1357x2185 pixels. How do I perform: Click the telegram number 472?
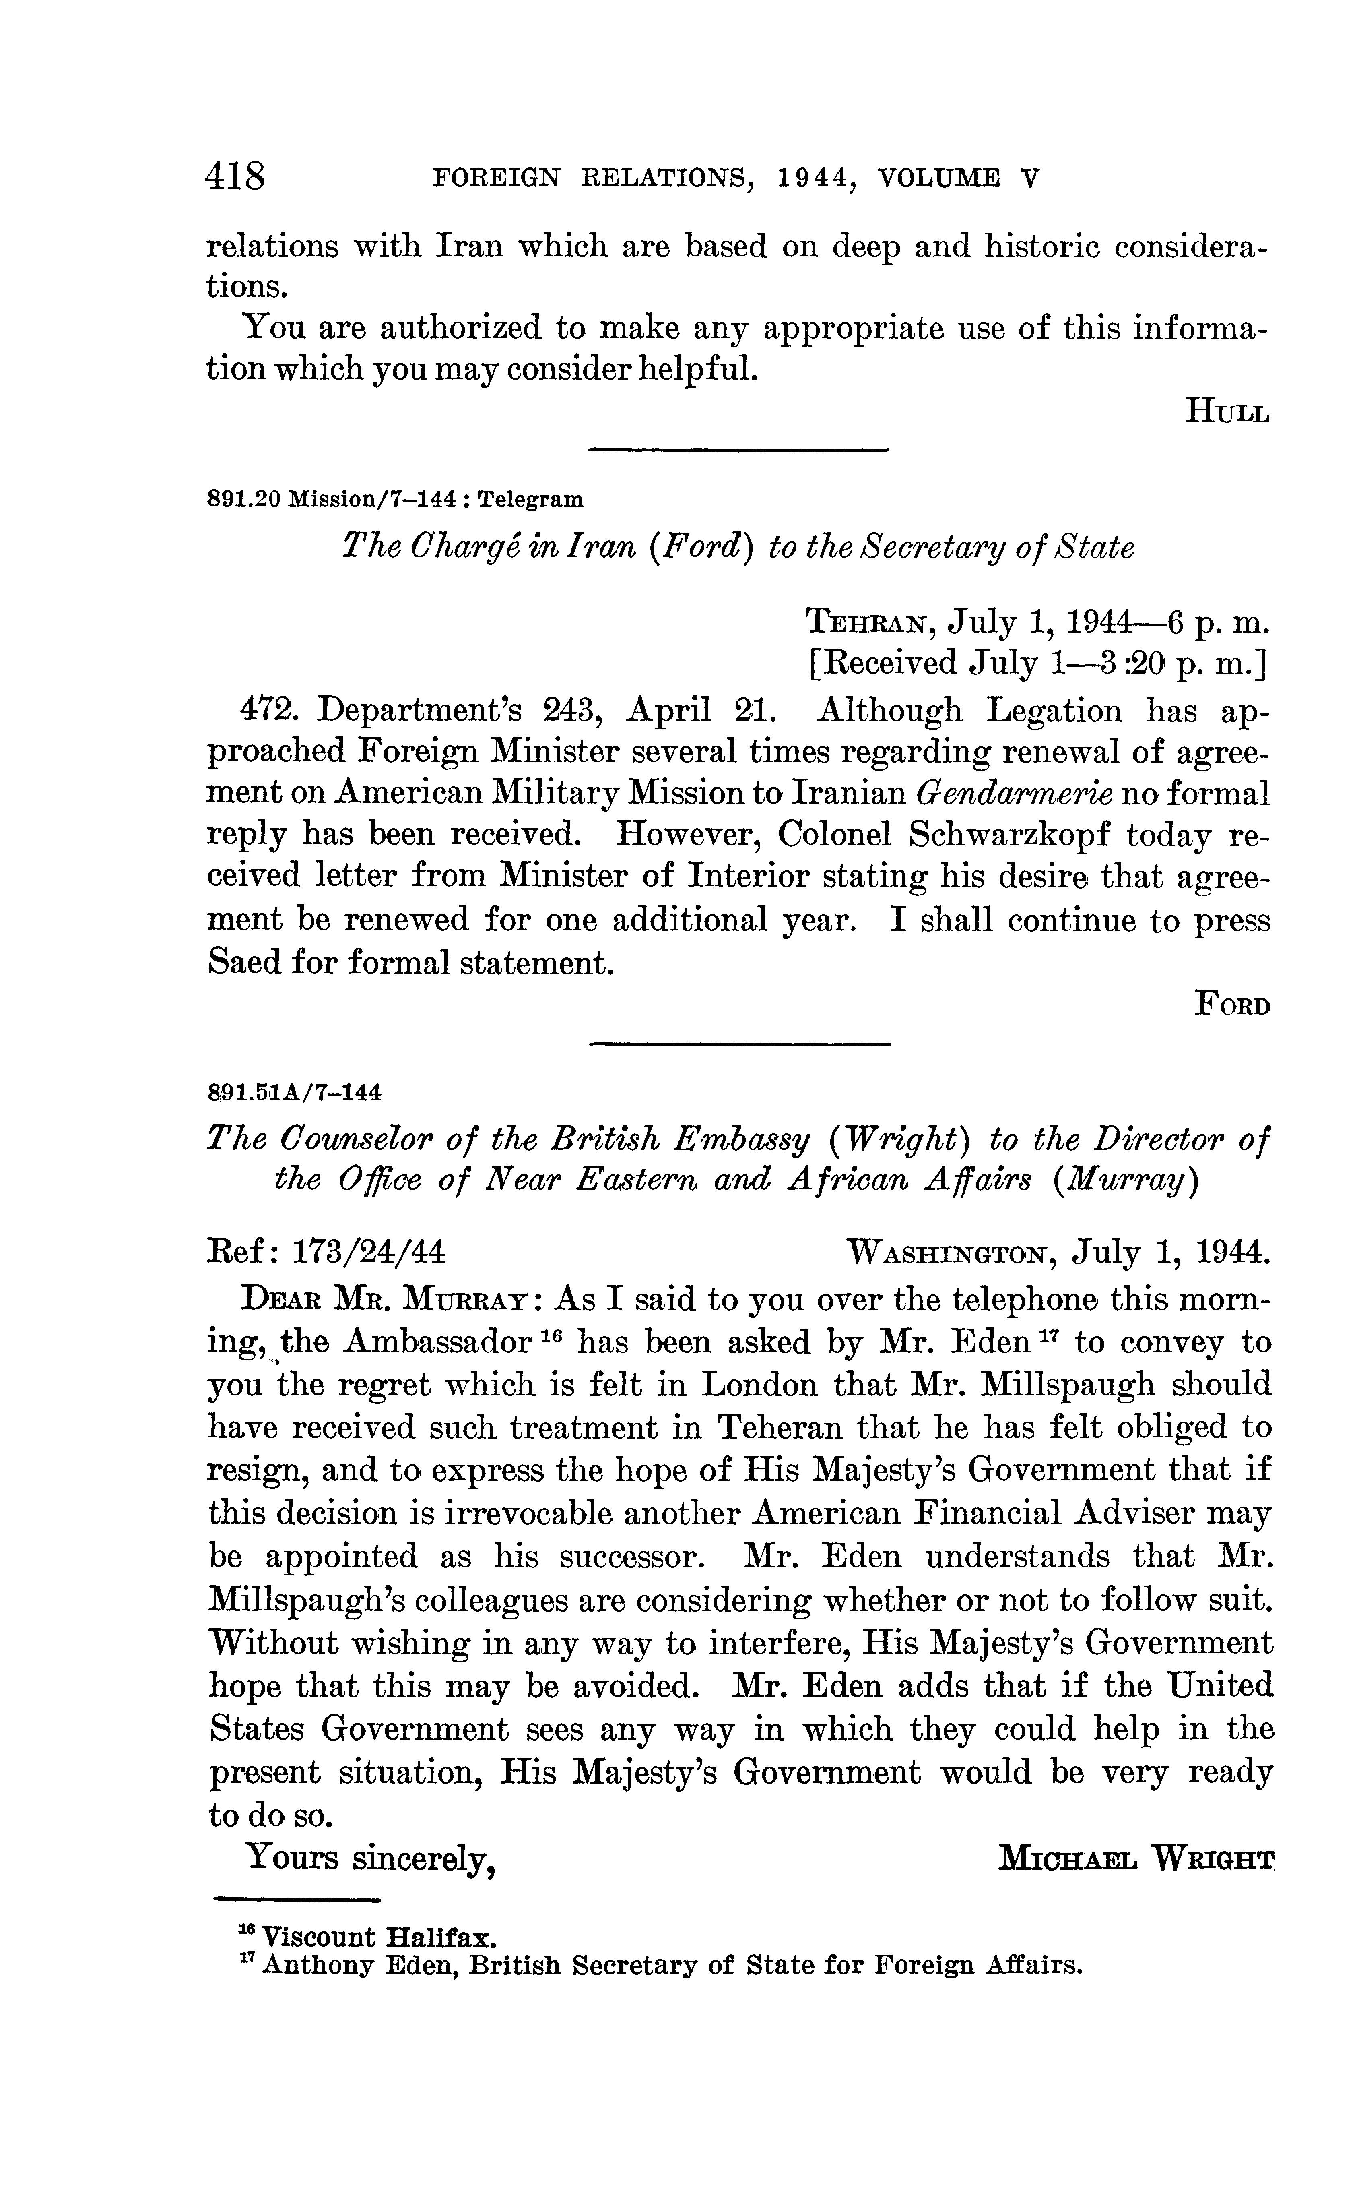[266, 710]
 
